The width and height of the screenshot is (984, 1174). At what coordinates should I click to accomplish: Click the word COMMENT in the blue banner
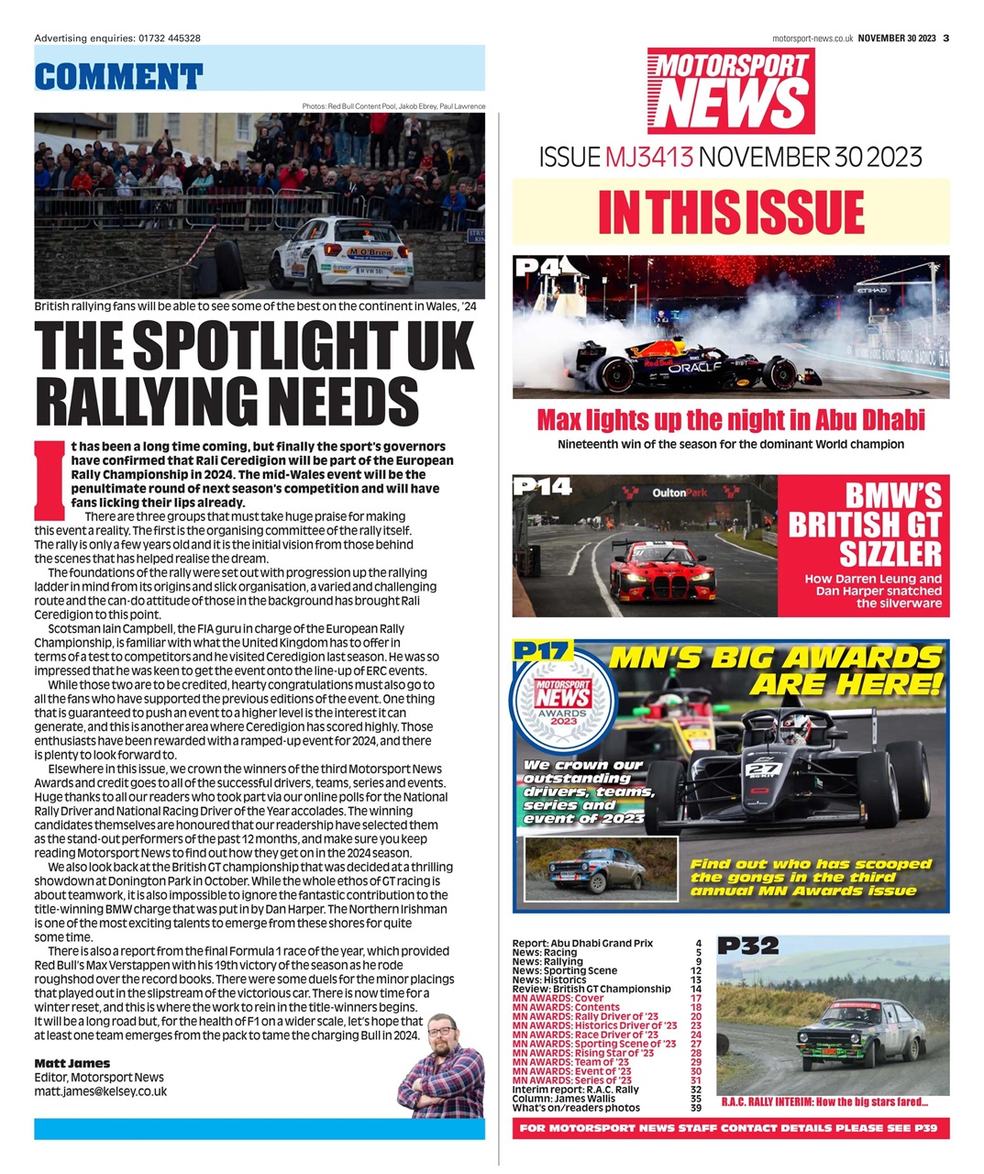(x=118, y=76)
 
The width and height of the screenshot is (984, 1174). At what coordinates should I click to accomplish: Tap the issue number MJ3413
(x=647, y=157)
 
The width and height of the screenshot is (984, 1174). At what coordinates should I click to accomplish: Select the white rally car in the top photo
(x=341, y=254)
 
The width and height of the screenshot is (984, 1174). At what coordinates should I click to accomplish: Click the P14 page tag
(x=544, y=486)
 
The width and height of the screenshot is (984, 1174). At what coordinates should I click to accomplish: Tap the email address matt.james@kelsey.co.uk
(x=100, y=1091)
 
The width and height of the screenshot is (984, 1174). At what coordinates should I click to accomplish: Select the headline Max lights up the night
(x=730, y=420)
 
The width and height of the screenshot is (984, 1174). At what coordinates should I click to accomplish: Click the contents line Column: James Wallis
(x=564, y=1099)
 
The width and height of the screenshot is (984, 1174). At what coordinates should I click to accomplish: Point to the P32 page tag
(x=747, y=945)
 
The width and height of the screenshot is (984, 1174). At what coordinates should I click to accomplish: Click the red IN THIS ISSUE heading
(x=730, y=213)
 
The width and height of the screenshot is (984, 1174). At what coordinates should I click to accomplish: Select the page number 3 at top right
(x=945, y=38)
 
